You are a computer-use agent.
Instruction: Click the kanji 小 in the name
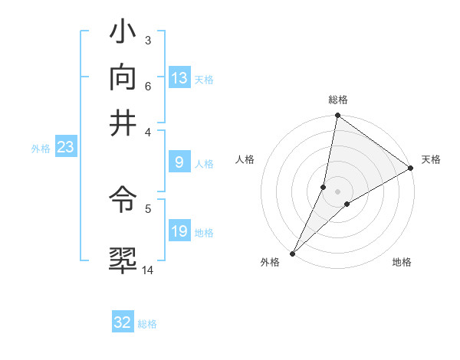click(x=123, y=34)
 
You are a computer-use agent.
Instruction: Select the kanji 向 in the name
click(x=123, y=77)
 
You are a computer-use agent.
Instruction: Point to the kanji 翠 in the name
click(x=123, y=259)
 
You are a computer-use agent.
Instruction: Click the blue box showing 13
click(x=179, y=78)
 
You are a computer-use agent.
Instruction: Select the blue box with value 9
click(x=179, y=162)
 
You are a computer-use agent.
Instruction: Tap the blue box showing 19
click(x=179, y=232)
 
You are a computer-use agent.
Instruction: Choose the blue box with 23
click(x=65, y=147)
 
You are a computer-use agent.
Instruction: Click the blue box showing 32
click(x=123, y=322)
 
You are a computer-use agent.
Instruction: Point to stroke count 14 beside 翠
click(x=148, y=270)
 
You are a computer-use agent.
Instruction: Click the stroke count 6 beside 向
click(x=148, y=85)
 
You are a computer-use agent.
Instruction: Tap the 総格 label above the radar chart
click(x=338, y=100)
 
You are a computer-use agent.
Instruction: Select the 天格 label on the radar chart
click(x=431, y=159)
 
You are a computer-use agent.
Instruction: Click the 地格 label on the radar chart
click(x=402, y=262)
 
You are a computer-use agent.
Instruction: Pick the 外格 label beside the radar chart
click(x=270, y=262)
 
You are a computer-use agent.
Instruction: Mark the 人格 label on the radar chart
click(x=245, y=159)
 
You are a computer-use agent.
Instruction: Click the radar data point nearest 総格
click(x=337, y=116)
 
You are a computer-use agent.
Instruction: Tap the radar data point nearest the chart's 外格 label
click(x=293, y=253)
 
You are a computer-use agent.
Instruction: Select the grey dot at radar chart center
click(x=338, y=191)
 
